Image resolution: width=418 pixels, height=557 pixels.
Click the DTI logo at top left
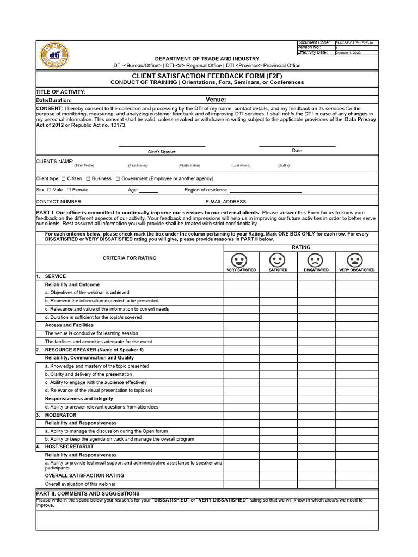point(55,55)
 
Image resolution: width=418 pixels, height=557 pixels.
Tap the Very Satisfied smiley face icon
point(241,260)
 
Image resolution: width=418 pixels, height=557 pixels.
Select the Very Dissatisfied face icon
point(356,260)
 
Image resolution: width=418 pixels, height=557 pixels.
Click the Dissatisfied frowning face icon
point(316,260)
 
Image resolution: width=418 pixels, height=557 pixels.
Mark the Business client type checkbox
point(88,178)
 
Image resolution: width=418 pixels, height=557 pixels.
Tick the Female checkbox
point(69,190)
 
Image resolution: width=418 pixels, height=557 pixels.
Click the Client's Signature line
point(162,146)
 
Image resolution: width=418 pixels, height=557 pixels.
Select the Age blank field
point(149,191)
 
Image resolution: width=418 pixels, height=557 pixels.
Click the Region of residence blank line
point(265,191)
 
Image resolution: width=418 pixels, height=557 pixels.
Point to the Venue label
point(216,100)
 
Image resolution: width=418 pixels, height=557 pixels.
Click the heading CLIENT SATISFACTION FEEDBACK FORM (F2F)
point(207,76)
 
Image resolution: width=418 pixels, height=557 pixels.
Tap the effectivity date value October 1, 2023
point(348,53)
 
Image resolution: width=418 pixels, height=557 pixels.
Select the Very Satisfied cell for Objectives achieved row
point(241,293)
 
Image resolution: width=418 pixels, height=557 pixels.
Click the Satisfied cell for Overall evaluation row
point(278,483)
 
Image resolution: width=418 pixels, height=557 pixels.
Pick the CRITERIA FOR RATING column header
point(130,258)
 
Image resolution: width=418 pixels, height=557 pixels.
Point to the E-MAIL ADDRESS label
point(226,201)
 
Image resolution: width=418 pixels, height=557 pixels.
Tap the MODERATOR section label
point(60,415)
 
